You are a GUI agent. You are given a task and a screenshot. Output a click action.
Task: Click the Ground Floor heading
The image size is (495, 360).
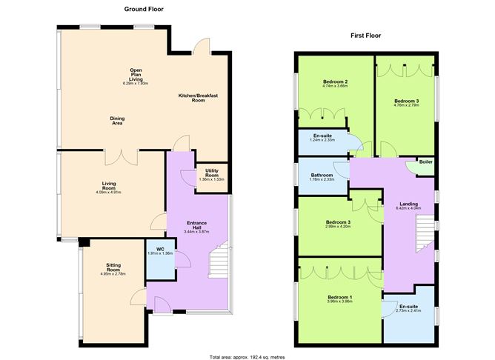144,9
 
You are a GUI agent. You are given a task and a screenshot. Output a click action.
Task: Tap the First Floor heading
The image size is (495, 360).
366,36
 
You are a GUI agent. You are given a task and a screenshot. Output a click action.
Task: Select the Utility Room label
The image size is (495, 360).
210,174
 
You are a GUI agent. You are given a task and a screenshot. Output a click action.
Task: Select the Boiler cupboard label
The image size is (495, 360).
425,161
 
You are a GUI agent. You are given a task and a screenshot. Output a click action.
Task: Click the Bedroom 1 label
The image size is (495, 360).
341,297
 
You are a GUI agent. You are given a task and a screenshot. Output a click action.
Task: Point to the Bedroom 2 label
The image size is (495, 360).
336,81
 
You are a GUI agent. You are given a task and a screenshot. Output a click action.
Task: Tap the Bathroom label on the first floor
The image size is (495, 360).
322,175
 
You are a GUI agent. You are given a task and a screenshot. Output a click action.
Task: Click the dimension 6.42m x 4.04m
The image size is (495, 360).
409,208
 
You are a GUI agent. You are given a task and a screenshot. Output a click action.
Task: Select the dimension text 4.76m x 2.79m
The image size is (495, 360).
406,104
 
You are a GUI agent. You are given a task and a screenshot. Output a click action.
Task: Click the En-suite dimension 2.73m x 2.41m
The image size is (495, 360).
408,310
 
